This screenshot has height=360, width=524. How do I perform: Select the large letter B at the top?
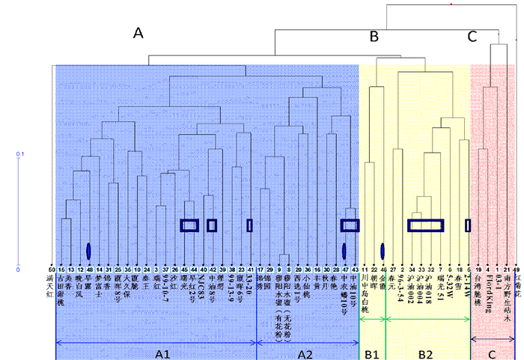pyautogui.click(x=374, y=37)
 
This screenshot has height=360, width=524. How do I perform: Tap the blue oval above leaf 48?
pyautogui.click(x=89, y=250)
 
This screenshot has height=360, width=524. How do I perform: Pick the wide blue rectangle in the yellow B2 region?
pyautogui.click(x=425, y=225)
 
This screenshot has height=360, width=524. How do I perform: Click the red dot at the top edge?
pyautogui.click(x=451, y=4)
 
